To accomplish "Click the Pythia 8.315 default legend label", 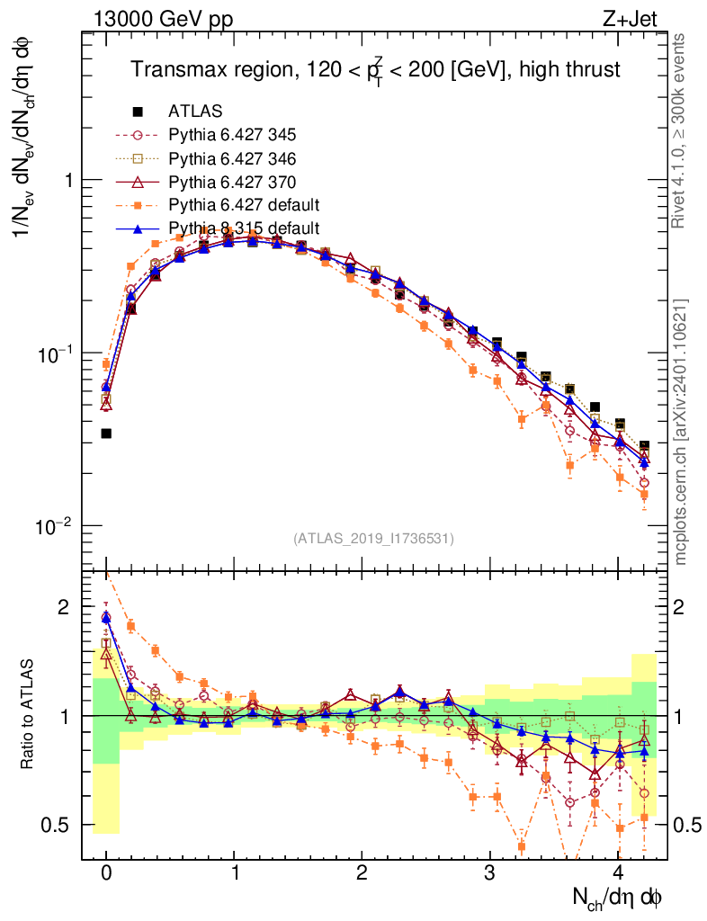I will pyautogui.click(x=244, y=228).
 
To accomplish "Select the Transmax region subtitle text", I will pyautogui.click(x=375, y=69).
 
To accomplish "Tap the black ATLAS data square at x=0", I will pyautogui.click(x=106, y=434).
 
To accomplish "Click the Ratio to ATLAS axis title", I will pyautogui.click(x=29, y=715).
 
